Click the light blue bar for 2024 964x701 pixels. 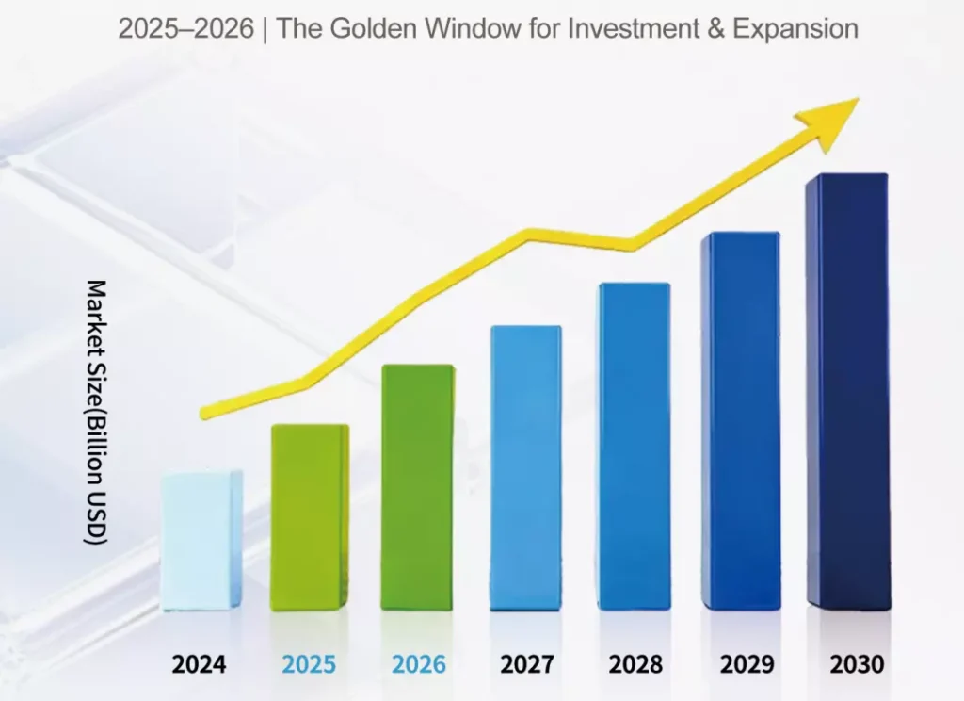(201, 541)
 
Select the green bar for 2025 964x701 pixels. (310, 517)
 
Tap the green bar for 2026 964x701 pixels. (418, 487)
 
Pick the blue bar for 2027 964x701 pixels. (525, 467)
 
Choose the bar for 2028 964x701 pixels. (634, 447)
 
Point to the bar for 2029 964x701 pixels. (740, 421)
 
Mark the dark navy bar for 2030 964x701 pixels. (847, 391)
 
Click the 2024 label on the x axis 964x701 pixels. (199, 664)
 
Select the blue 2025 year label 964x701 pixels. (309, 664)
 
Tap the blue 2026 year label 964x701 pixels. (419, 664)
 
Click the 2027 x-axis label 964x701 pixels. (526, 664)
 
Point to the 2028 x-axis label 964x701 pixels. (635, 664)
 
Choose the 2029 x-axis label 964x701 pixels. (747, 664)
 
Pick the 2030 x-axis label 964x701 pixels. (857, 664)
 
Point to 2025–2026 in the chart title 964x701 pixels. (185, 29)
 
